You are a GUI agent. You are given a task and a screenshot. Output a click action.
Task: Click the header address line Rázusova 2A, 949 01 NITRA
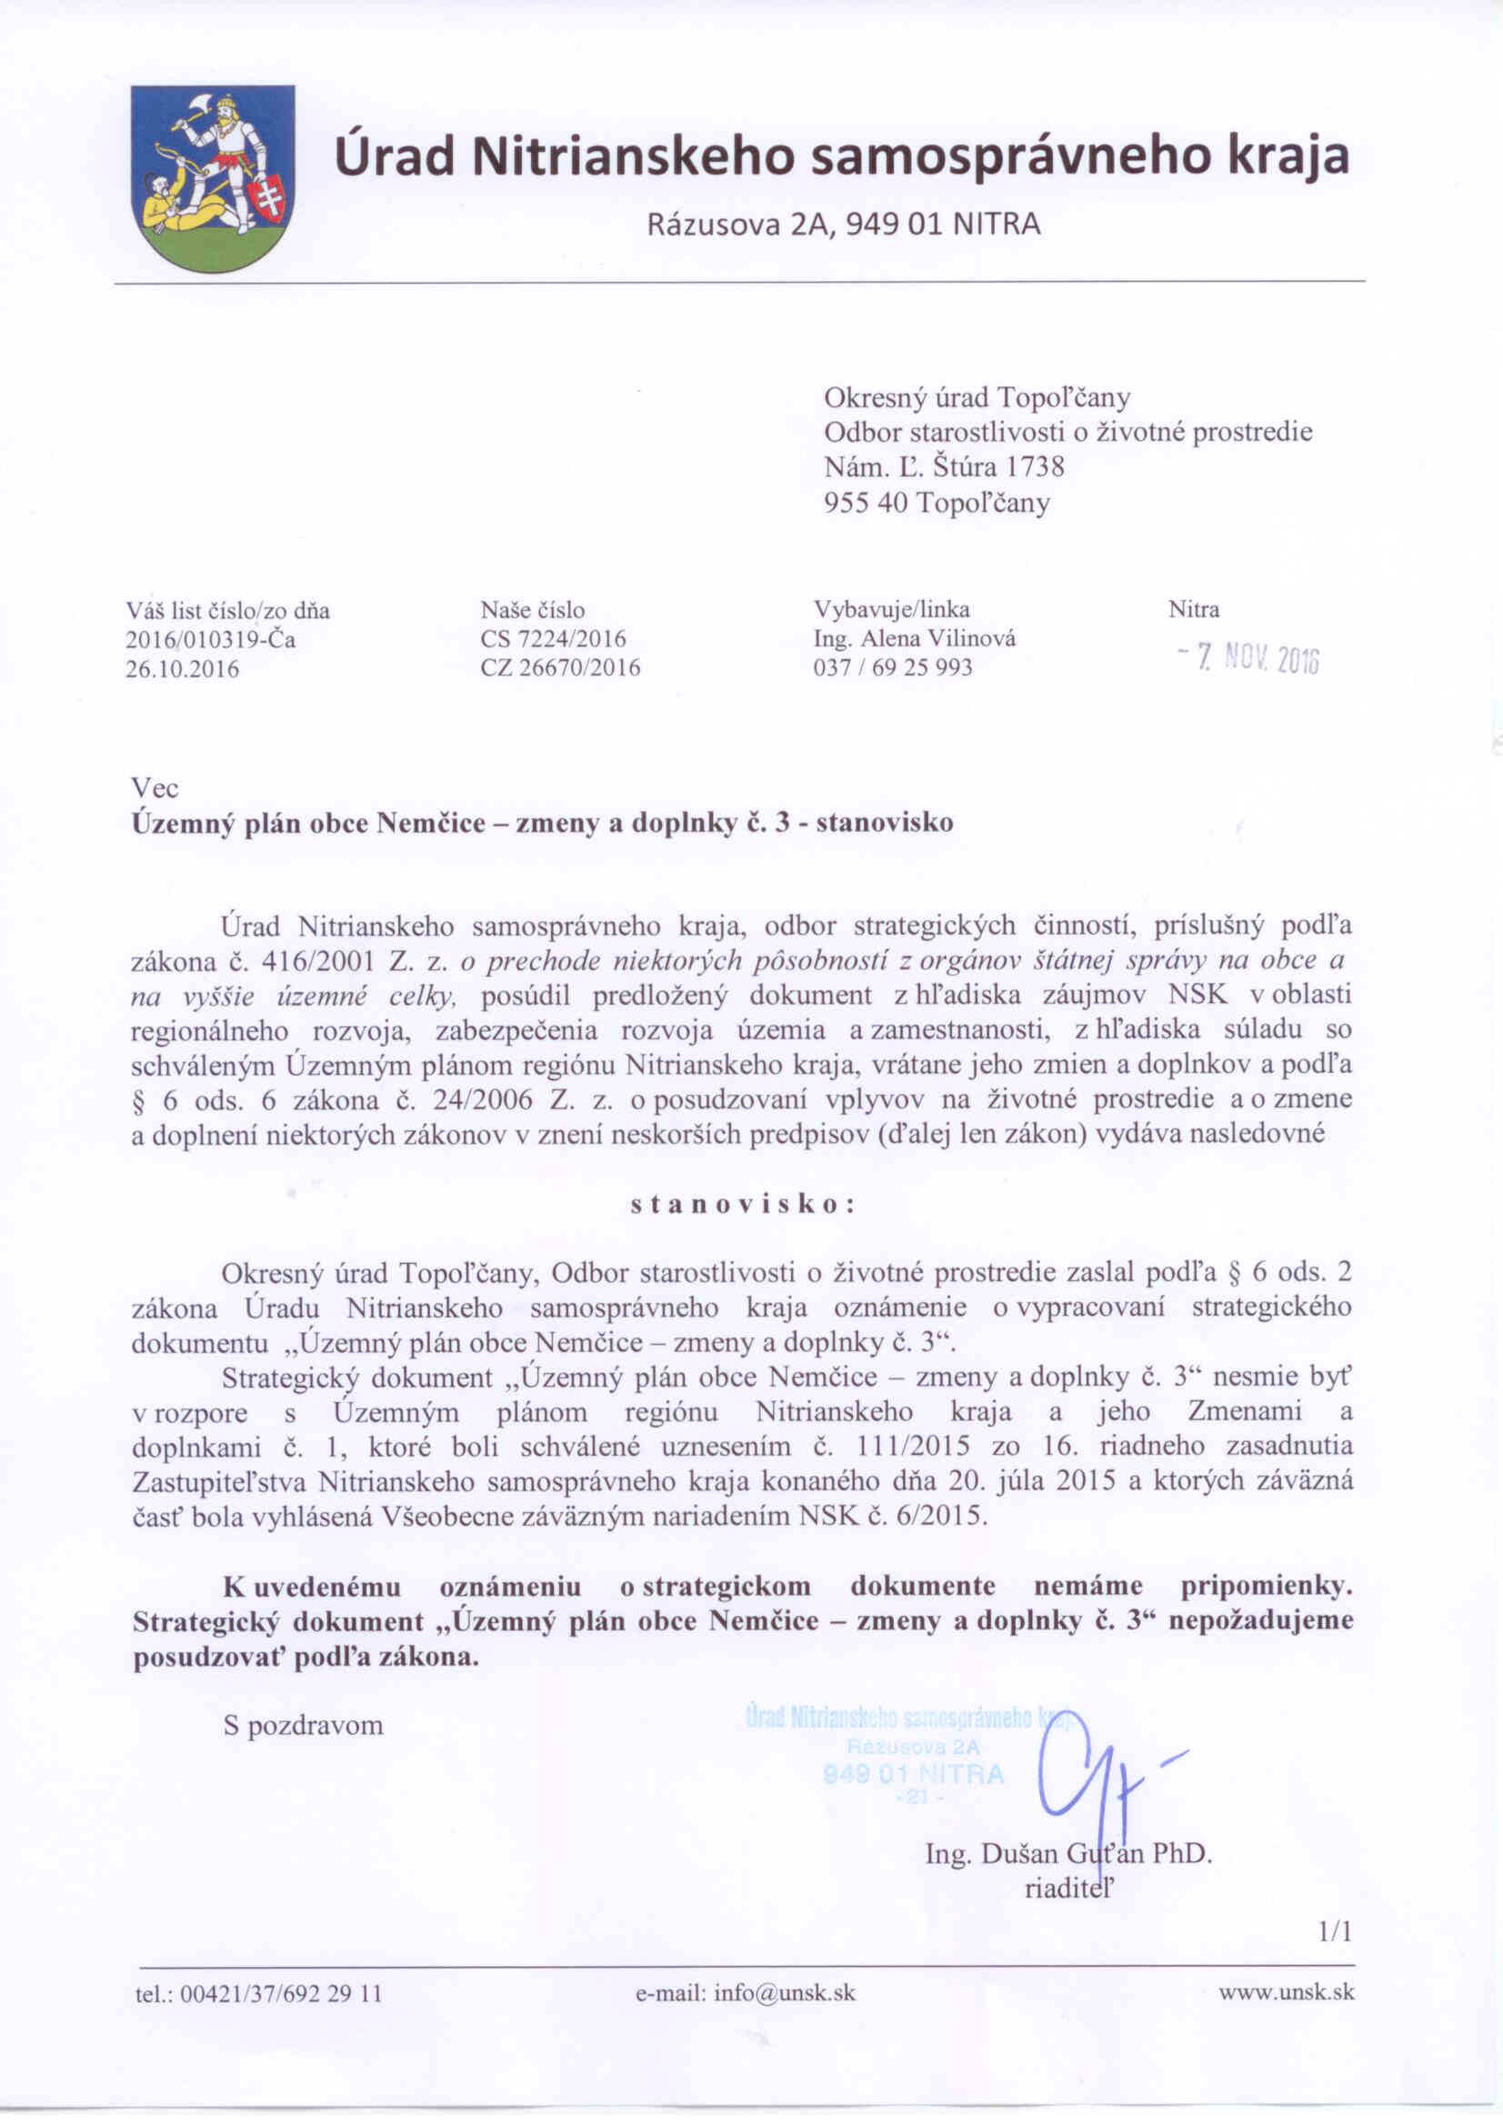(x=842, y=225)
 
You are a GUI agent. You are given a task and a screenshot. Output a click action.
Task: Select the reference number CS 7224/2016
(x=554, y=638)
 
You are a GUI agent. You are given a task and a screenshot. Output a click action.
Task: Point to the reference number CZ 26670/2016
(x=561, y=667)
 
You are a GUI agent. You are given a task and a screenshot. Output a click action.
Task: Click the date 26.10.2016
(x=183, y=668)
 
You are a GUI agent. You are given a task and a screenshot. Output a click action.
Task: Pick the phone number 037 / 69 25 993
(x=892, y=667)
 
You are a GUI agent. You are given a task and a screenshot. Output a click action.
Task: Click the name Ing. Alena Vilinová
(x=915, y=638)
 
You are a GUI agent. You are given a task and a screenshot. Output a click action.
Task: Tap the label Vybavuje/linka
(x=891, y=610)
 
